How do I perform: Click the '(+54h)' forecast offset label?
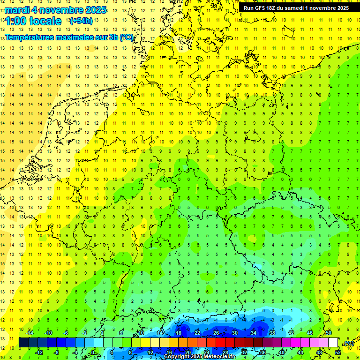tap(81, 21)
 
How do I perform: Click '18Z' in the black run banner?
tap(275, 8)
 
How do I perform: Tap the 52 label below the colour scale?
tap(338, 352)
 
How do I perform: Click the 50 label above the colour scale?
tap(329, 333)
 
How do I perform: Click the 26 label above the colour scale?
tap(216, 333)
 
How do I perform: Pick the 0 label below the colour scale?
tap(93, 352)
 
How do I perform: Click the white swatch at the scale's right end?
tap(333, 343)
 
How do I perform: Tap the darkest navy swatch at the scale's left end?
tap(23, 343)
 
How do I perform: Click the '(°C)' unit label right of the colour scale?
tap(348, 343)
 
